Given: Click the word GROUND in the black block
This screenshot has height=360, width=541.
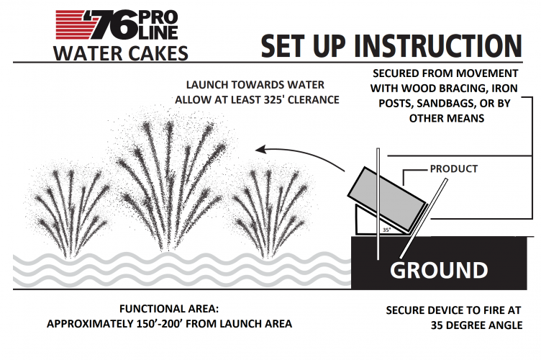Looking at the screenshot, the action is point(439,270).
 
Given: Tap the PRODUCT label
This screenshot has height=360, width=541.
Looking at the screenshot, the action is point(454,168).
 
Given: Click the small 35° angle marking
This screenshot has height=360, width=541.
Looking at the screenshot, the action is point(387,230).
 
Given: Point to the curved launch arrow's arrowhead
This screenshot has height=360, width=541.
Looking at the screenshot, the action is point(260,150).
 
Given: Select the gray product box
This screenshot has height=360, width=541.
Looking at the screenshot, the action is point(387,199).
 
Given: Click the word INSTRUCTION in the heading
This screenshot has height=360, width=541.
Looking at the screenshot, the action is point(438,46).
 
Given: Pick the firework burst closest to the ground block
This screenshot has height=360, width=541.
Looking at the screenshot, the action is point(269,212).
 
